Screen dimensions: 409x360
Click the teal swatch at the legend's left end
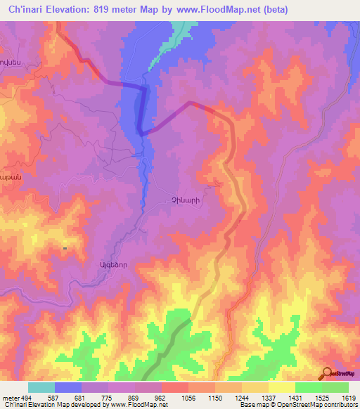tap(41, 387)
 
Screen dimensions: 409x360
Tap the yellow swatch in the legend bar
tap(281, 387)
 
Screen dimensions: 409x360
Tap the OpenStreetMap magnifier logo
tap(326, 373)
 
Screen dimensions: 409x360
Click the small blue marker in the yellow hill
tap(65, 248)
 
